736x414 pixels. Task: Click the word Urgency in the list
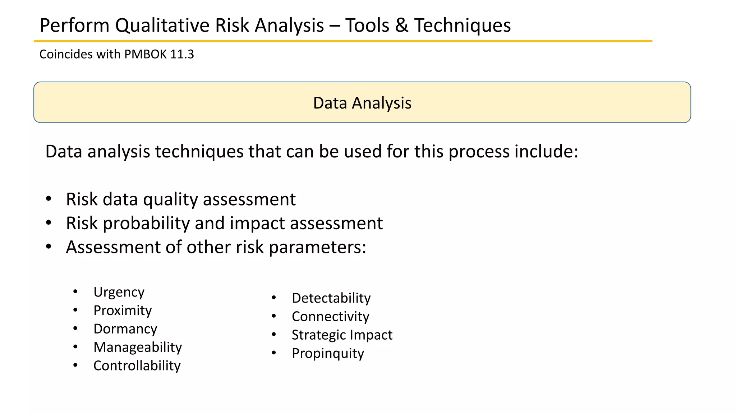click(119, 292)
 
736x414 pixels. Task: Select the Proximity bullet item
click(123, 310)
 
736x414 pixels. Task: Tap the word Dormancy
click(125, 329)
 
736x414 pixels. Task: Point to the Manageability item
click(137, 347)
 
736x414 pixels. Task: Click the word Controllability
click(137, 366)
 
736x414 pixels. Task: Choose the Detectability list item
click(331, 298)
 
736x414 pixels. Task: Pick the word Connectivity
click(330, 316)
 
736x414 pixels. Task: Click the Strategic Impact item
click(342, 335)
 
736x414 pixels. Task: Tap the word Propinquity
click(328, 353)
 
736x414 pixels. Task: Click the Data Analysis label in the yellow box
click(362, 103)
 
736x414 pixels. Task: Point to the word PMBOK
click(146, 54)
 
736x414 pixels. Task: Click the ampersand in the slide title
click(401, 26)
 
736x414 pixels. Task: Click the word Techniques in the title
click(462, 26)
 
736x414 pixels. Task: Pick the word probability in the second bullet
click(146, 224)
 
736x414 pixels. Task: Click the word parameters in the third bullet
click(317, 248)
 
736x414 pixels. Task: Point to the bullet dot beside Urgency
click(75, 291)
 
